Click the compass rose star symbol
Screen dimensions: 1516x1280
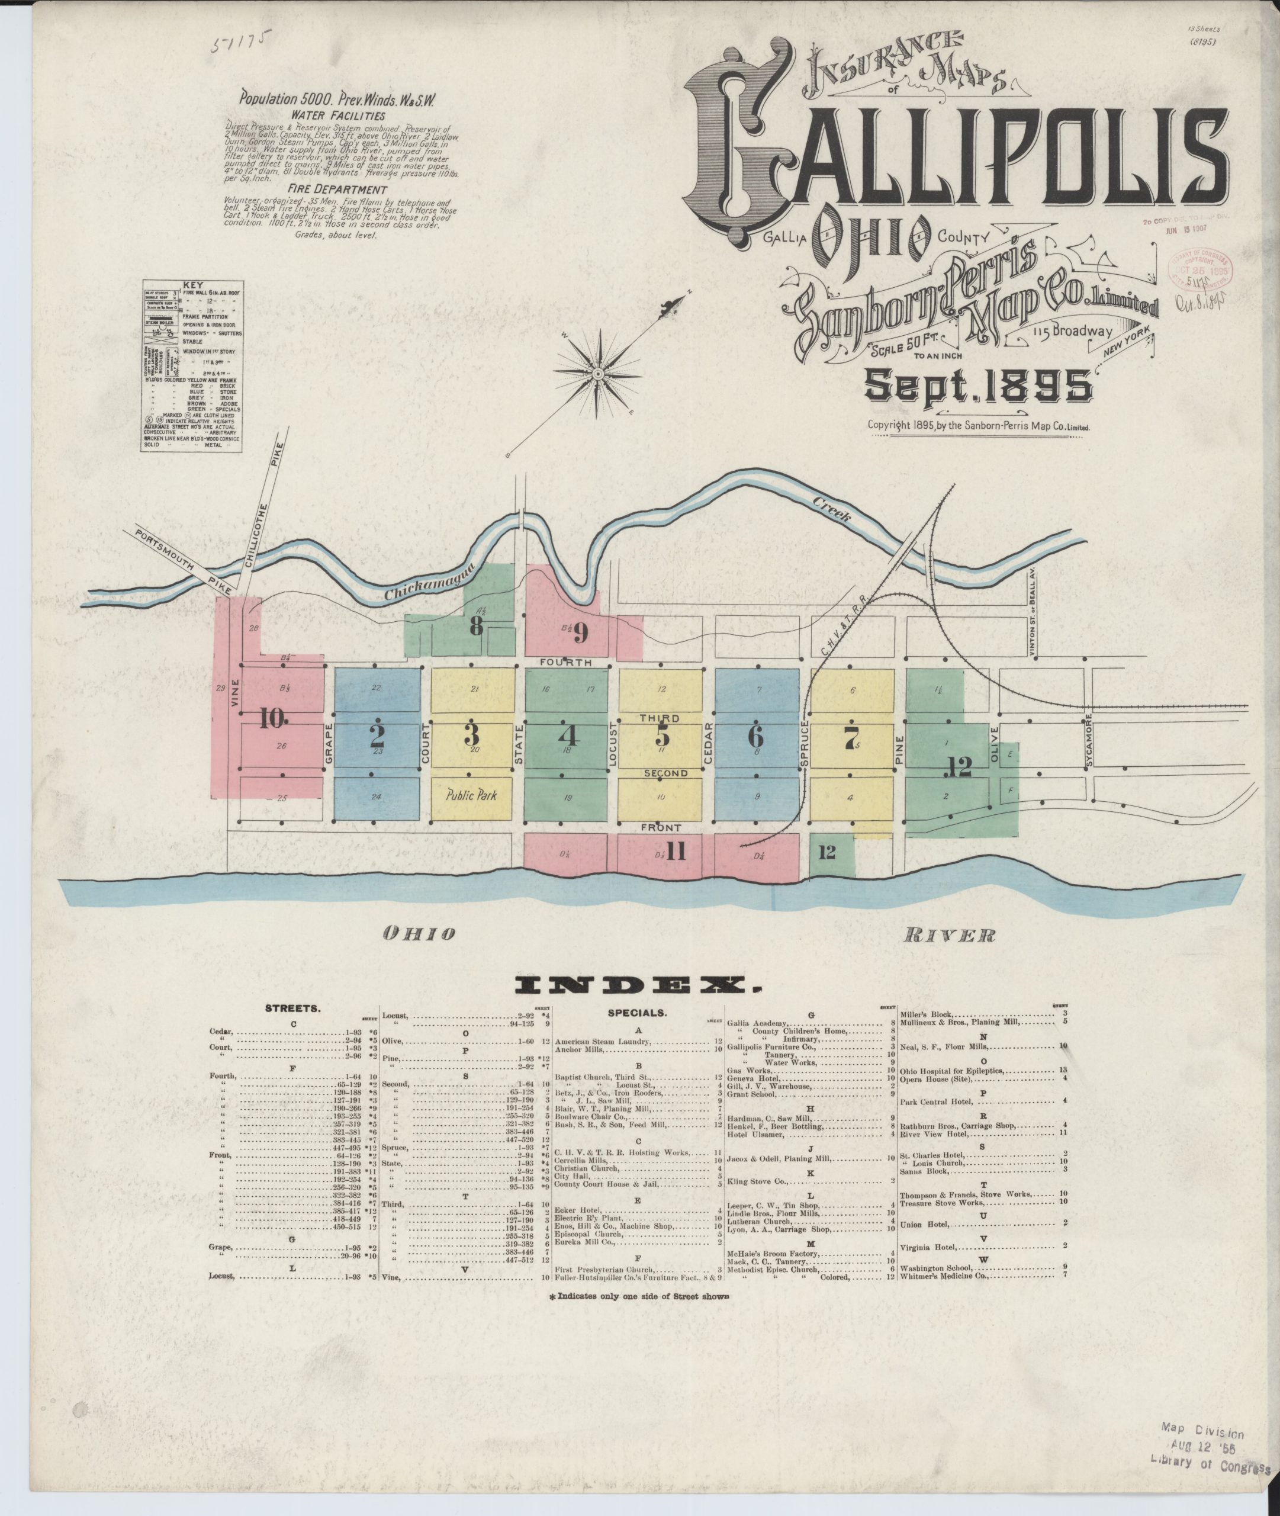pos(598,374)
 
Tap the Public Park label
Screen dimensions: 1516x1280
pos(472,795)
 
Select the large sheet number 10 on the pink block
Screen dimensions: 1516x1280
pos(272,718)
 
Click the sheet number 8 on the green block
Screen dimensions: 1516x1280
pos(475,627)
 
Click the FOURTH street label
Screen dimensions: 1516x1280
pos(566,663)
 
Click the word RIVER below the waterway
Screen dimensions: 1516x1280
pos(949,936)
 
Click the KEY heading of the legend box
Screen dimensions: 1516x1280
pos(192,285)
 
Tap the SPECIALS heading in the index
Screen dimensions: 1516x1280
pos(636,1013)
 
